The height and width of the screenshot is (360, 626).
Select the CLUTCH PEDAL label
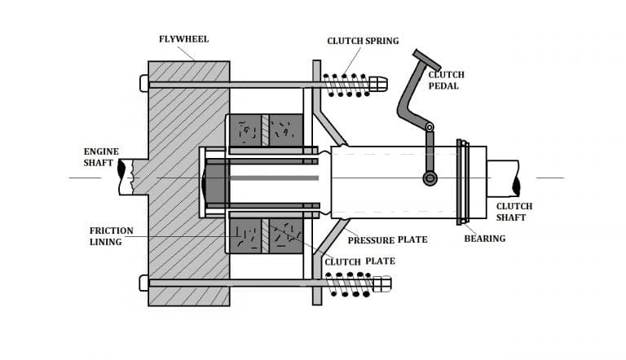[447, 80]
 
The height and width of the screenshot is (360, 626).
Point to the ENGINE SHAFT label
[101, 157]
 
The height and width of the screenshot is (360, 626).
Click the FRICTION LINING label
[111, 236]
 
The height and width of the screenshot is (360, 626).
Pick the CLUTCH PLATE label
[359, 261]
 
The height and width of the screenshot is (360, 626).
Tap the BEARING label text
[484, 239]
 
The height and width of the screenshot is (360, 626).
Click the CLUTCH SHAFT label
[514, 212]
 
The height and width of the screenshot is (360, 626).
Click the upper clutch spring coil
[346, 83]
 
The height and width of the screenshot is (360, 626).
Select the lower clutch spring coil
[347, 283]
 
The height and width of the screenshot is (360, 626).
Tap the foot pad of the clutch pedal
[426, 60]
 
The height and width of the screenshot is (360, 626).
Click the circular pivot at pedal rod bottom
[430, 178]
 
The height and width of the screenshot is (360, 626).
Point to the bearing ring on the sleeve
[463, 181]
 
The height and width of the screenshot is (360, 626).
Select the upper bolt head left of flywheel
[144, 83]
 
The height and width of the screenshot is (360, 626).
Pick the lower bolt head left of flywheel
[144, 283]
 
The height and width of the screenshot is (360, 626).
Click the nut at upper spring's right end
[378, 83]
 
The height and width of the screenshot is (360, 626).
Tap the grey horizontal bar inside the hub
[273, 178]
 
